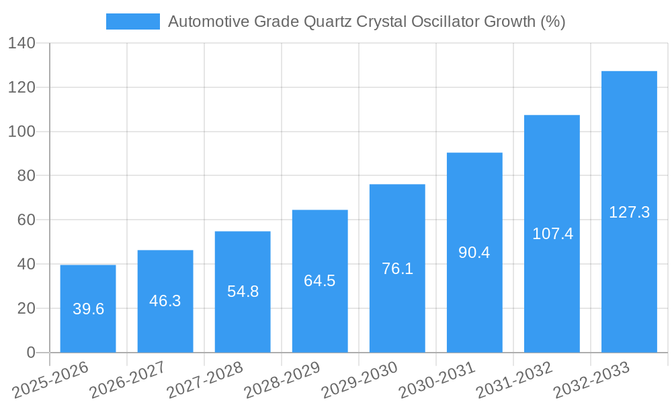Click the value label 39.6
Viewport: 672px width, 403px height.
88,309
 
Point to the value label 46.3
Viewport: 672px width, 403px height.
165,300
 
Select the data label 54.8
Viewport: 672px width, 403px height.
243,292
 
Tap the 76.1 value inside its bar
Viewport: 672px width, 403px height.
397,269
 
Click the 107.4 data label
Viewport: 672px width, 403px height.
552,234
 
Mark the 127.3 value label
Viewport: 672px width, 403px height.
629,212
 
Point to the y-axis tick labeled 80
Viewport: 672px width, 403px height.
26,176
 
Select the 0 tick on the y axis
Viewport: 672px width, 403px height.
30,353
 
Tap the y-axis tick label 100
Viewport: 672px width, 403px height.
22,132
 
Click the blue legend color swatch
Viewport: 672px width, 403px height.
133,21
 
